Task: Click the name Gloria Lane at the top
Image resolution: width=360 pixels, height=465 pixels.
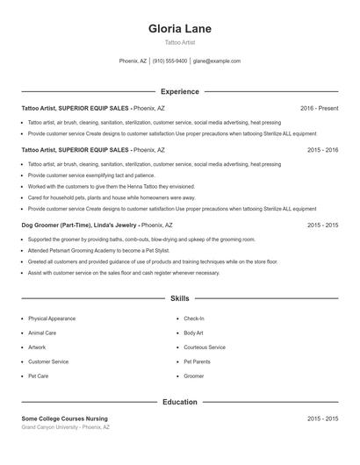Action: click(x=180, y=28)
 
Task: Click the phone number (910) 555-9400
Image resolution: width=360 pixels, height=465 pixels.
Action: click(x=169, y=61)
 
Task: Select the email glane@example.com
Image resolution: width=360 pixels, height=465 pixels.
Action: click(x=217, y=61)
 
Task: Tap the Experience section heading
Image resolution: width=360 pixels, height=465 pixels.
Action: click(x=180, y=91)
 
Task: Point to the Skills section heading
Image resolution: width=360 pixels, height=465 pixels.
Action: click(x=180, y=299)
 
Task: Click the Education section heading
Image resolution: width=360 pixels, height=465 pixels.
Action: click(x=180, y=402)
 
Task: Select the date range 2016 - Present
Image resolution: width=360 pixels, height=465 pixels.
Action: click(x=319, y=108)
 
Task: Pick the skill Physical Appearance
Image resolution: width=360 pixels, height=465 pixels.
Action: click(x=52, y=318)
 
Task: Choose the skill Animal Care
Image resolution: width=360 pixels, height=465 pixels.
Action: click(x=42, y=333)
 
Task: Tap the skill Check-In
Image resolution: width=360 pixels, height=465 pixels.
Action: click(x=194, y=318)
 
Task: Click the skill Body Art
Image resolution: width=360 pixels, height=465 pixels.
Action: click(x=193, y=333)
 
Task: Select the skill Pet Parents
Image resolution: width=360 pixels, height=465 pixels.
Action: click(x=197, y=361)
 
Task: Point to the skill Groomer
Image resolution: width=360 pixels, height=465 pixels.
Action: click(x=193, y=376)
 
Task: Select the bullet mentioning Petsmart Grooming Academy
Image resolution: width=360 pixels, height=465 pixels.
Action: click(x=97, y=250)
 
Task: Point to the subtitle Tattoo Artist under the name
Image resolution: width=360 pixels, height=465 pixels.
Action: click(x=180, y=42)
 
